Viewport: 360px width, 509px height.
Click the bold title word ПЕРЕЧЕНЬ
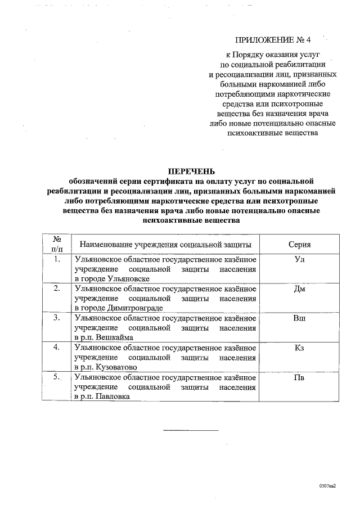(x=192, y=171)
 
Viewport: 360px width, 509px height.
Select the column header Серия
(x=300, y=244)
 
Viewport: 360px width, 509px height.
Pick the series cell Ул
(x=300, y=260)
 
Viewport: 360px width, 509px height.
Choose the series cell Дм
(x=300, y=289)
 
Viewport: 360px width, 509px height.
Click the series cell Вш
(x=300, y=318)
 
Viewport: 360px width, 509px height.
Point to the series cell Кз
(x=300, y=348)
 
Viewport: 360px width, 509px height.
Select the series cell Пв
(x=300, y=377)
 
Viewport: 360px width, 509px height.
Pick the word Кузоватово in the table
(x=118, y=367)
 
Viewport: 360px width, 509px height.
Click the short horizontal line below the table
(x=190, y=430)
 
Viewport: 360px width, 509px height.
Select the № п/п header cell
(x=56, y=244)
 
